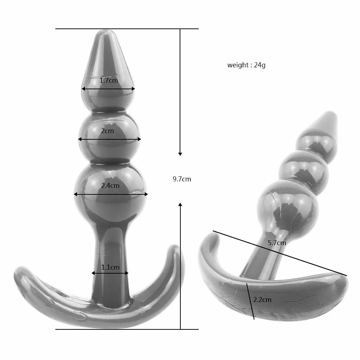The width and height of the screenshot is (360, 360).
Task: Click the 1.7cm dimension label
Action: point(109,81)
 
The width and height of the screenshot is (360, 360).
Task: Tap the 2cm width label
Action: point(107,131)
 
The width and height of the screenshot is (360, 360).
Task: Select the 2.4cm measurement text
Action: point(110,185)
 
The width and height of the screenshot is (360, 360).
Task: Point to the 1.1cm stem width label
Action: point(110,267)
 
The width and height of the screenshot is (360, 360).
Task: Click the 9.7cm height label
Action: point(182,179)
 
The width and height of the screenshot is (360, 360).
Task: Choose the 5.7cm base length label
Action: point(277,243)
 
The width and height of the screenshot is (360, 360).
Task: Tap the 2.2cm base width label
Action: point(262,300)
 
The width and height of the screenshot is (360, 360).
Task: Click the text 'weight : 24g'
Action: point(246,65)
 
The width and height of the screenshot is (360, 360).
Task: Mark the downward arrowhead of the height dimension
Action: point(180,154)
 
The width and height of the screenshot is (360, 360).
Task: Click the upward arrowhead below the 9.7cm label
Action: point(180,204)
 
